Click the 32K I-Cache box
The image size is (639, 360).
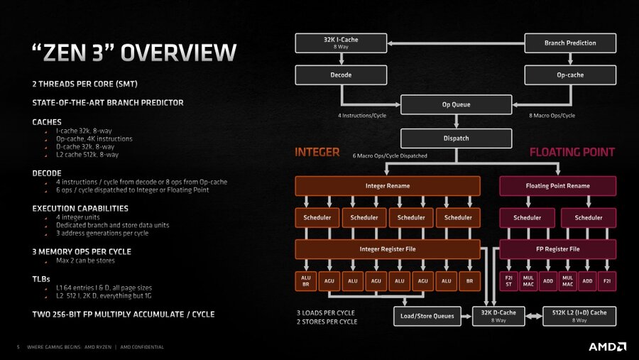tap(341, 43)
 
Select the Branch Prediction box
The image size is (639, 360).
tap(570, 43)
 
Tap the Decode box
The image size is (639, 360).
tap(341, 75)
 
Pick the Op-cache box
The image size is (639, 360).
tap(570, 75)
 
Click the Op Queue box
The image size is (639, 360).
tap(456, 105)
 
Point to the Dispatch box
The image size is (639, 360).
tap(456, 138)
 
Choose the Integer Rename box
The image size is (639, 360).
tap(388, 186)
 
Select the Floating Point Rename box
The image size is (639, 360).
tap(557, 186)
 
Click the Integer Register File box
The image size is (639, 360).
tap(388, 249)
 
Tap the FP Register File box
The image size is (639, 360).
tap(557, 249)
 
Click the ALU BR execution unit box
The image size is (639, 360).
tap(306, 280)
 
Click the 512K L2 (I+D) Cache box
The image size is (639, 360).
tap(579, 316)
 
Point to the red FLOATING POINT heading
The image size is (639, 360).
tap(572, 152)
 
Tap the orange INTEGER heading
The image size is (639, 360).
tap(317, 152)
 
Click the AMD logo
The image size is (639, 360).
tap(607, 347)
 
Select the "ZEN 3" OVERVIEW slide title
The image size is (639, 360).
tap(133, 53)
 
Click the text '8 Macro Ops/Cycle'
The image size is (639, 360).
tap(552, 116)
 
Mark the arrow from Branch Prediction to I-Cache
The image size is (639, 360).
tap(454, 43)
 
